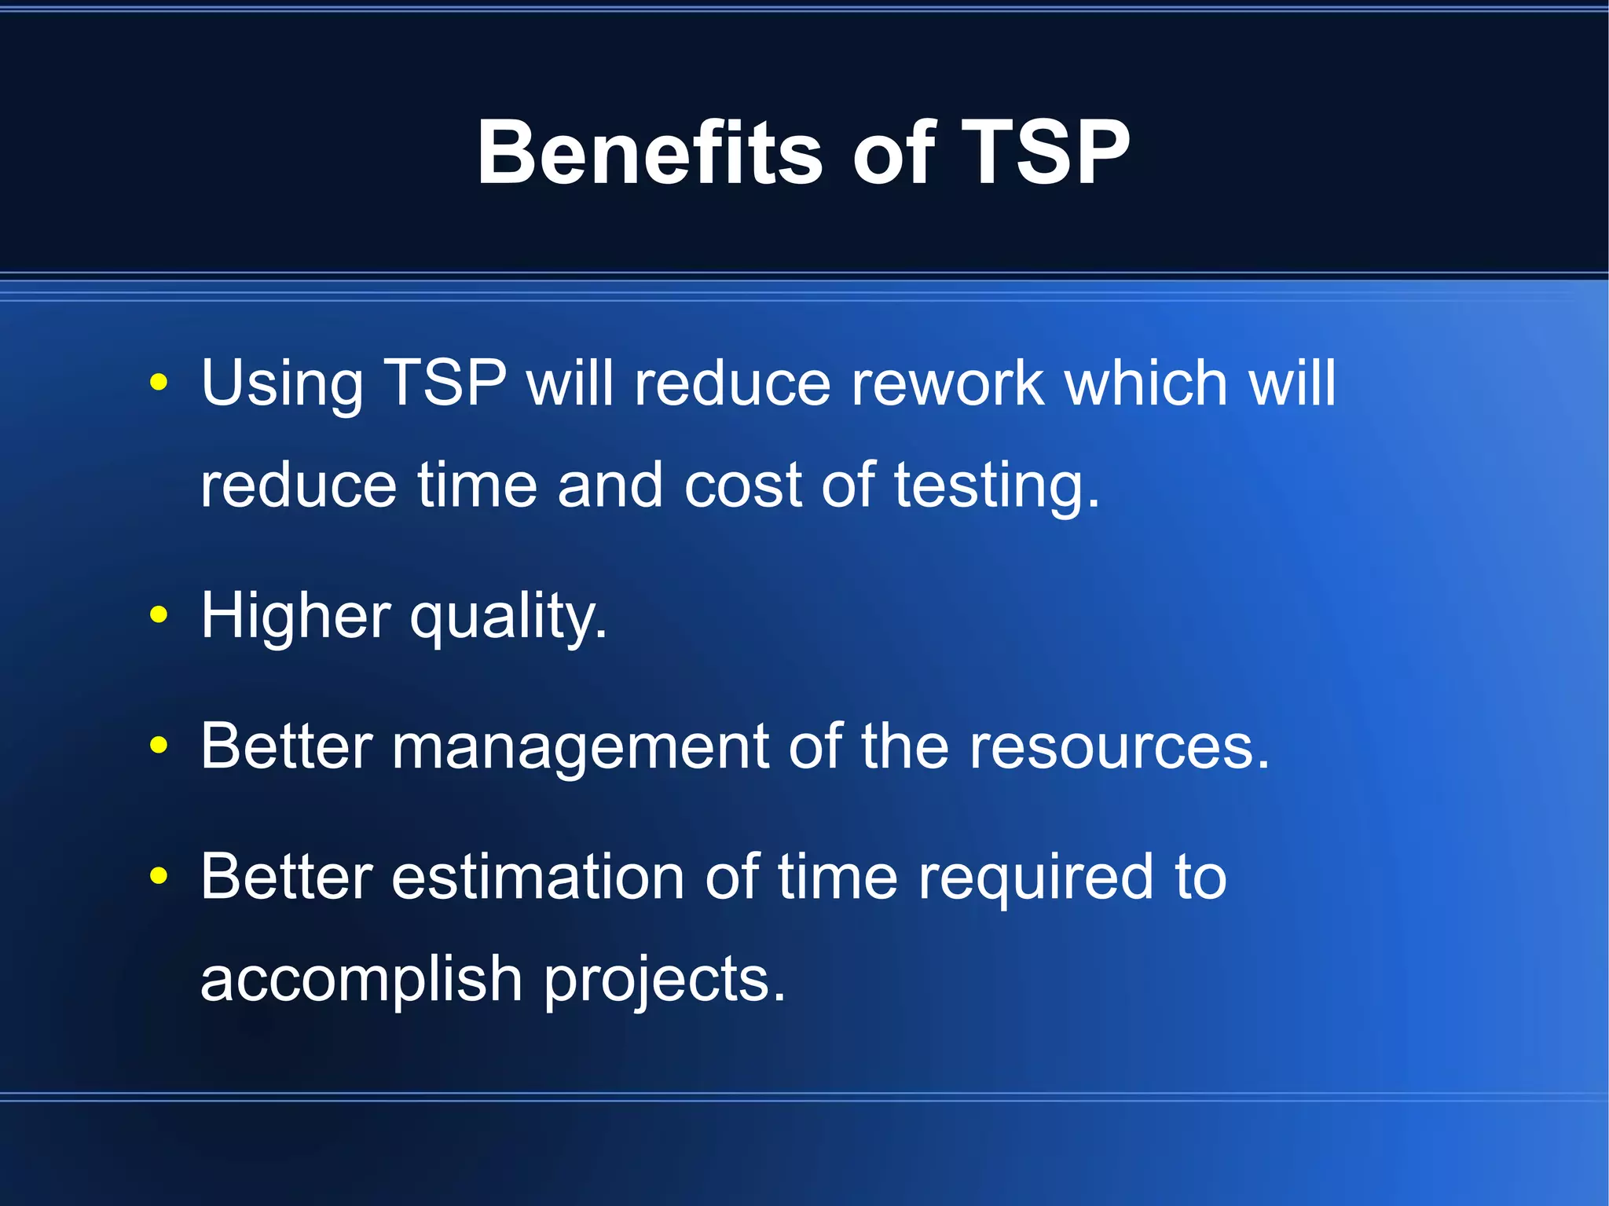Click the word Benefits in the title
(649, 153)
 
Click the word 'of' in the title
(893, 153)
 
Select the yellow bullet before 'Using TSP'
(159, 383)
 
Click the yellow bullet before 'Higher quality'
(159, 615)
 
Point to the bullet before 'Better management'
(159, 746)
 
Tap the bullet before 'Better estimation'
(159, 876)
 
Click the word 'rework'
(947, 383)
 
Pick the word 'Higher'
(295, 615)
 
